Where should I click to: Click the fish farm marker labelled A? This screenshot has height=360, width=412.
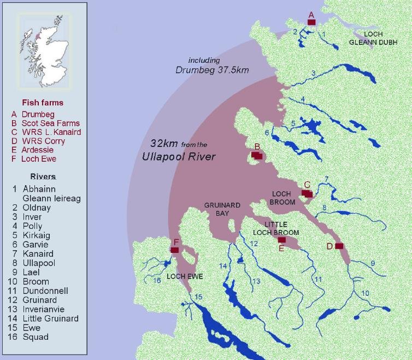click(x=311, y=22)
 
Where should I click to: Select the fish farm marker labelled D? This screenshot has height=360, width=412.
click(x=339, y=246)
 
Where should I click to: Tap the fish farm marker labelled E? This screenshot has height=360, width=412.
click(x=282, y=240)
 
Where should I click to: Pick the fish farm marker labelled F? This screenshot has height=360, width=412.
click(x=175, y=250)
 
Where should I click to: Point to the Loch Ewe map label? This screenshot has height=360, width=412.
click(x=185, y=277)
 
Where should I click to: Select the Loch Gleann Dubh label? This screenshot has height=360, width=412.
click(x=366, y=38)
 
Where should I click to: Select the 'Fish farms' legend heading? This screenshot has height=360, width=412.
click(x=43, y=102)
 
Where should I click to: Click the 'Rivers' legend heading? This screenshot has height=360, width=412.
click(x=43, y=176)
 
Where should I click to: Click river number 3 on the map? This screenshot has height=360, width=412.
click(x=313, y=73)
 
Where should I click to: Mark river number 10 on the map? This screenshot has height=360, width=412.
click(x=365, y=293)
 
